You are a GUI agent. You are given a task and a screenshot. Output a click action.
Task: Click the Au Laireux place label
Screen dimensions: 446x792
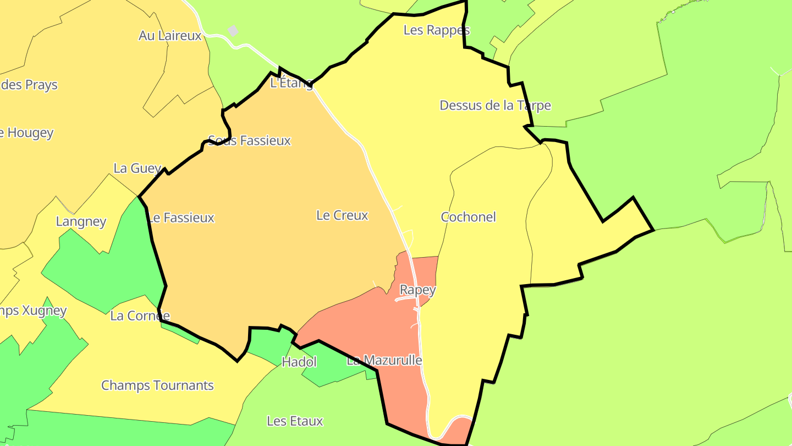170,36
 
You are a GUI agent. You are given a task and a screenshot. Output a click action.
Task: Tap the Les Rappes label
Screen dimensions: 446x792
436,30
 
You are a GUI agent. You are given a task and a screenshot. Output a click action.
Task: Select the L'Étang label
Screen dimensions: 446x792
291,83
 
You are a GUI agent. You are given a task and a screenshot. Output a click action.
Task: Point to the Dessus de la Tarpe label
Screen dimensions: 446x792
495,105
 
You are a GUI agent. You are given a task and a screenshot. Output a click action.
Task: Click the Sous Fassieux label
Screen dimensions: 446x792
249,141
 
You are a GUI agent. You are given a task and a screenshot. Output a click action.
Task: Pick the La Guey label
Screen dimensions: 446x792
137,168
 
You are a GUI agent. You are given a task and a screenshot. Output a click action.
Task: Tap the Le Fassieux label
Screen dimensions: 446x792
181,218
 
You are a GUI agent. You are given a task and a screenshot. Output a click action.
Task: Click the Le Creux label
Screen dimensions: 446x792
342,215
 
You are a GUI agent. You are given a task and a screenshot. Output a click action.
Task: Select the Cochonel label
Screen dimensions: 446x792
468,217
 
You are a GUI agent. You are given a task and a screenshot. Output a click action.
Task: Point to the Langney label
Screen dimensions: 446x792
81,221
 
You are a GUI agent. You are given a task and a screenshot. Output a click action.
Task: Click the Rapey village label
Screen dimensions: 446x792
417,290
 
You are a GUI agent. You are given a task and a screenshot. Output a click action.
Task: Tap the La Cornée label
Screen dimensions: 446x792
140,316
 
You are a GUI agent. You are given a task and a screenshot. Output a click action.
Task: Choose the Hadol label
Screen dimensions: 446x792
299,362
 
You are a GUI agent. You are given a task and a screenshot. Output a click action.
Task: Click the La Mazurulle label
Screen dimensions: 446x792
384,361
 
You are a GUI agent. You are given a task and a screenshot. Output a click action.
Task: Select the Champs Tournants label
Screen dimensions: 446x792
157,385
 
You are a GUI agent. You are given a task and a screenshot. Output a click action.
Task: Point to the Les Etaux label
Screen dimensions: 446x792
295,421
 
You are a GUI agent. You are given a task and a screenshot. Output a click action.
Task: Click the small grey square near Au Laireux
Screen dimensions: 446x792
233,31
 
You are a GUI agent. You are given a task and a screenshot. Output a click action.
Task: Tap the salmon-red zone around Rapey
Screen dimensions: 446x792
363,325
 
